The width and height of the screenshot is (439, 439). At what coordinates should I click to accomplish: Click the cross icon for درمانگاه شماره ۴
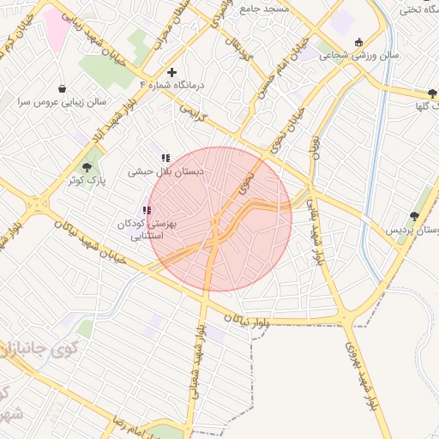[x=172, y=72]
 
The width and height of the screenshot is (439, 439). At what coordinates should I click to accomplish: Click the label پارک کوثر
[x=87, y=181]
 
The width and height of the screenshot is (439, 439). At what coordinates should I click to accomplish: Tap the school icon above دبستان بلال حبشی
[x=165, y=158]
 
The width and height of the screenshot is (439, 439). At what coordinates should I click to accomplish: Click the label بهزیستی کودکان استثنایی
[x=147, y=229]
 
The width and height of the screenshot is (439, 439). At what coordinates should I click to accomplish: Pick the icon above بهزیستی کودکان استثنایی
[x=147, y=210]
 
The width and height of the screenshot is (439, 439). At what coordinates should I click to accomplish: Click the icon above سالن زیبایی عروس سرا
[x=62, y=87]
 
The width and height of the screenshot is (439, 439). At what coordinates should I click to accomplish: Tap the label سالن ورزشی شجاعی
[x=360, y=54]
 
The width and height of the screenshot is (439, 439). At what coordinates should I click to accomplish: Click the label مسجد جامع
[x=289, y=8]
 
